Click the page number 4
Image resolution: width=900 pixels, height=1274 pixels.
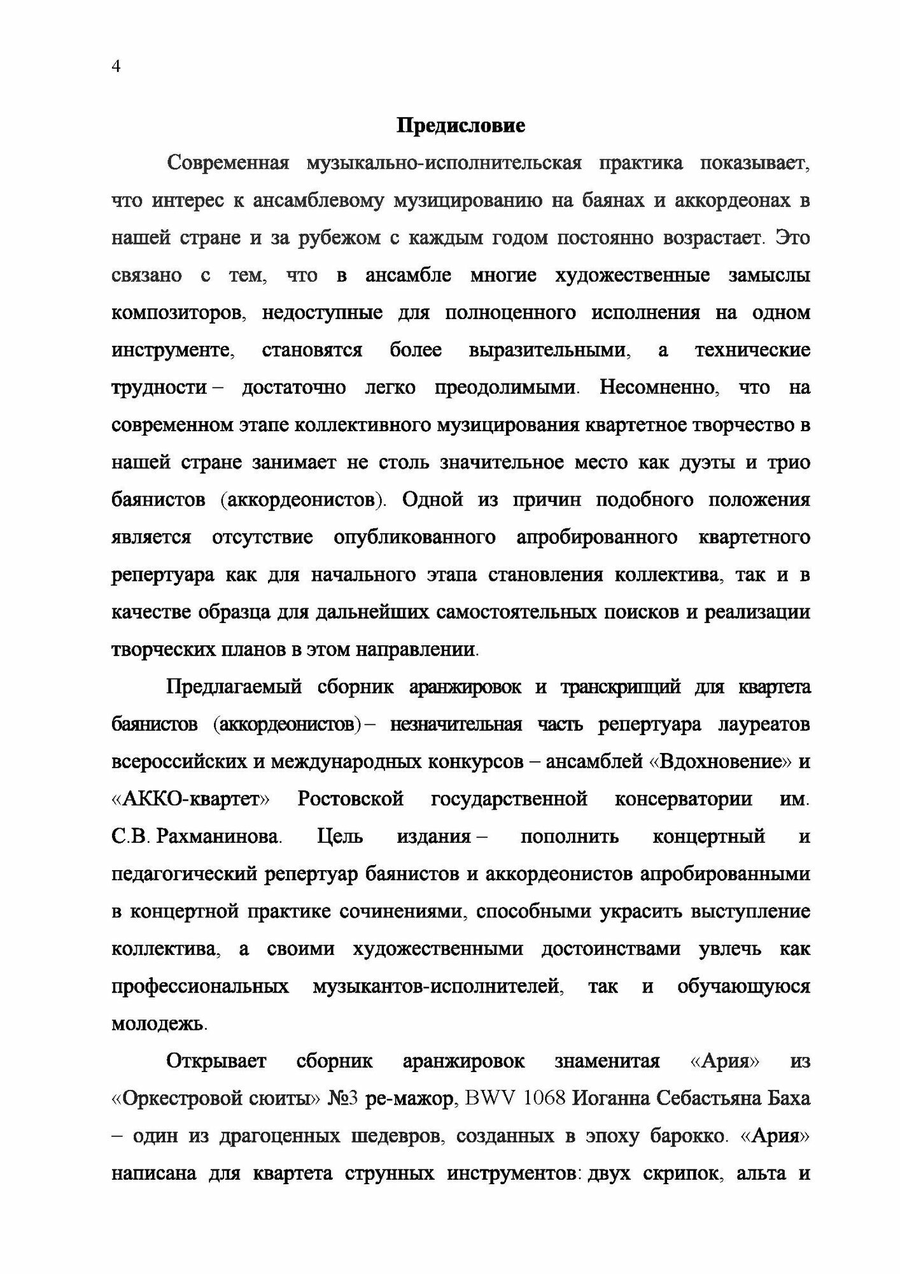coord(116,67)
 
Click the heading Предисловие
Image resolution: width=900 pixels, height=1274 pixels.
coord(461,125)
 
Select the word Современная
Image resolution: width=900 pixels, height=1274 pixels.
coord(229,163)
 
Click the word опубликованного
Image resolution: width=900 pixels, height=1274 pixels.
coord(414,538)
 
